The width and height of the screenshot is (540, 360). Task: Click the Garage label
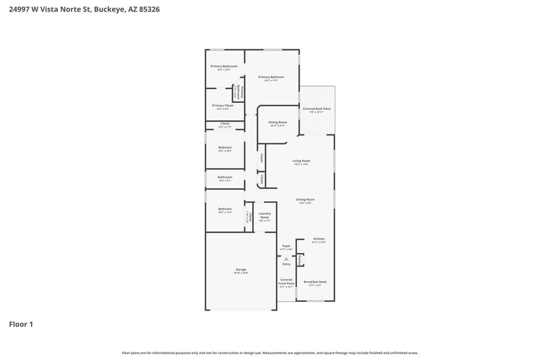coord(241,269)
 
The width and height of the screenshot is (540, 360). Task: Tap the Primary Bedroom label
coord(271,77)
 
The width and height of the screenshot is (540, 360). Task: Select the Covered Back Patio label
coord(316,109)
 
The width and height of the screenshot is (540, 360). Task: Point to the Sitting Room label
coord(277,122)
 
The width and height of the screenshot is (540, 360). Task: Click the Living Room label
coord(301,161)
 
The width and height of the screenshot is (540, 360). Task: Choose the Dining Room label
coord(306,199)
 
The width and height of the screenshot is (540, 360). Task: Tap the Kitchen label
coord(319,238)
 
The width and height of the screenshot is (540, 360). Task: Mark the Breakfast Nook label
coord(316,282)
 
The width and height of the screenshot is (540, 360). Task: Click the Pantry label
coord(300,259)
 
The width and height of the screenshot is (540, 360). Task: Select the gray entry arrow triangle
coord(286,258)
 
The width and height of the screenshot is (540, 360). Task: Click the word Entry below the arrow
coord(286,264)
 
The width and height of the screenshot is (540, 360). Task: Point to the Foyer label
coord(286,246)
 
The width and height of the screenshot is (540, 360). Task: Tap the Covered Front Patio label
coord(286,282)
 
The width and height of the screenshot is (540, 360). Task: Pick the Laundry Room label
coord(265,215)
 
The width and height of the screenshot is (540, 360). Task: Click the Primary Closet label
coord(222,105)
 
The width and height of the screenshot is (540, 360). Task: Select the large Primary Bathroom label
coord(223,66)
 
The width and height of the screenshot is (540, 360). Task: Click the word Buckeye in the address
coord(109,10)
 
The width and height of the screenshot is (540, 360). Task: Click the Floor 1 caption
coord(21,324)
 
